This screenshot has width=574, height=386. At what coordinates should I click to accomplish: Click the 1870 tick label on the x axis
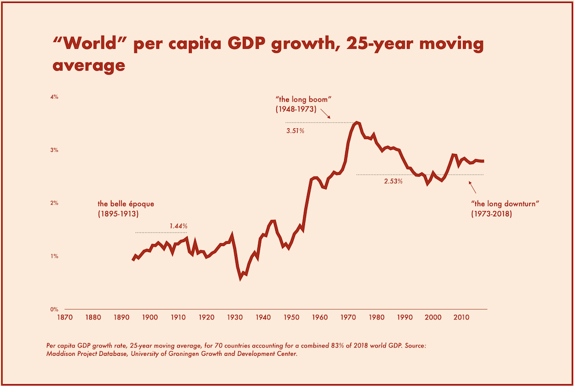click(x=64, y=317)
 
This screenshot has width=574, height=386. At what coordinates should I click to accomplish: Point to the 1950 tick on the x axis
click(x=291, y=317)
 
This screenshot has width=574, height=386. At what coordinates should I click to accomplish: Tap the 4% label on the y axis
click(x=54, y=97)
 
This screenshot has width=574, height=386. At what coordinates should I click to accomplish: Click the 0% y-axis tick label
click(x=54, y=309)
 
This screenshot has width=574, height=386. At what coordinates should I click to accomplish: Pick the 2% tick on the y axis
click(x=54, y=203)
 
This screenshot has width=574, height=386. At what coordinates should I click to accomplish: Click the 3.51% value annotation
click(x=295, y=131)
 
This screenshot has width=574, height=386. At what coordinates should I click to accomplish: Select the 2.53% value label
click(x=393, y=182)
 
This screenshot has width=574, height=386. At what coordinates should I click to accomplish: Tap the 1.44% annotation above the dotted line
click(x=178, y=226)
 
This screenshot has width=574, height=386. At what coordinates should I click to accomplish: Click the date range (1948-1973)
click(x=296, y=109)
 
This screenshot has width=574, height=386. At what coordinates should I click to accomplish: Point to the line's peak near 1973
click(x=358, y=122)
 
